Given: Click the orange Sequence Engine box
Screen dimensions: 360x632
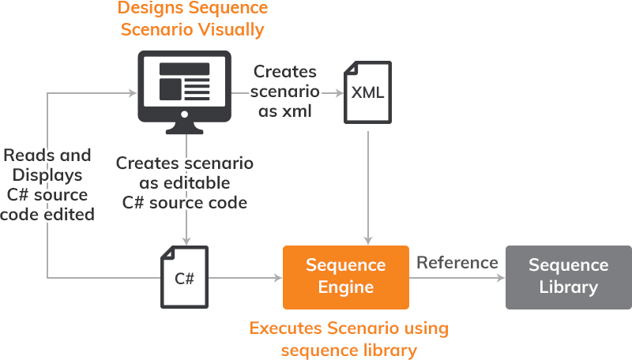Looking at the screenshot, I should click(346, 276).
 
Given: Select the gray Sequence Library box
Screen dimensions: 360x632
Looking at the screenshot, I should click(568, 276).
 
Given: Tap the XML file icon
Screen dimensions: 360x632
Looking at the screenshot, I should click(367, 93).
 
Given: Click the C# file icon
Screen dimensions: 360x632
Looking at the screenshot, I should click(184, 276).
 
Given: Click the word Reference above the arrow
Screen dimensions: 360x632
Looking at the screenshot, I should click(457, 263).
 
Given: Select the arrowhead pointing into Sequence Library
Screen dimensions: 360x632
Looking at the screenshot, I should click(500, 277).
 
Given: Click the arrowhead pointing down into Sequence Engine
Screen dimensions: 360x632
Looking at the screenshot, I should click(367, 239).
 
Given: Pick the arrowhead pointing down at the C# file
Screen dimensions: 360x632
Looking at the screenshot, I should click(186, 239).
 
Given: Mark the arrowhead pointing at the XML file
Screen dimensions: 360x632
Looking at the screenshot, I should click(337, 93).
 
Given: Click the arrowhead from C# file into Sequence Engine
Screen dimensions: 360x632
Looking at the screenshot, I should click(277, 277).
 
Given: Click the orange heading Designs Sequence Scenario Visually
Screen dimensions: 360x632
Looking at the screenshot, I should click(192, 20).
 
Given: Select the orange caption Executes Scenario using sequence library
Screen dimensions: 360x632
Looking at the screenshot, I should click(348, 338).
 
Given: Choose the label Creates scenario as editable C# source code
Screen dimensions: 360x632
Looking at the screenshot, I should click(185, 182).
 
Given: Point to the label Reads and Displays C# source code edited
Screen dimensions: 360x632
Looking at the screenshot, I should click(47, 185).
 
